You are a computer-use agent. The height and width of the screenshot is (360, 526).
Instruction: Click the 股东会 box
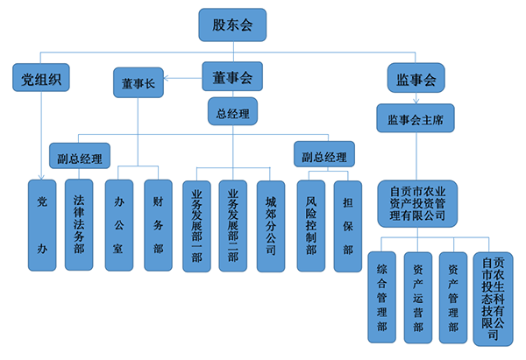(x=233, y=25)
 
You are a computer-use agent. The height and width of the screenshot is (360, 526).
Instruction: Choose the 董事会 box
(x=232, y=78)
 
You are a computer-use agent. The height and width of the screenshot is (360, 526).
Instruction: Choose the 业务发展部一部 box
(x=195, y=227)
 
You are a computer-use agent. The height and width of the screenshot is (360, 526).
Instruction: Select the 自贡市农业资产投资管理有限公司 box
(x=417, y=202)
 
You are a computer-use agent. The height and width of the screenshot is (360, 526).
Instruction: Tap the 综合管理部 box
(x=382, y=298)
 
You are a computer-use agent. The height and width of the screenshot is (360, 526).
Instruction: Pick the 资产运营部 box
(x=418, y=298)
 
